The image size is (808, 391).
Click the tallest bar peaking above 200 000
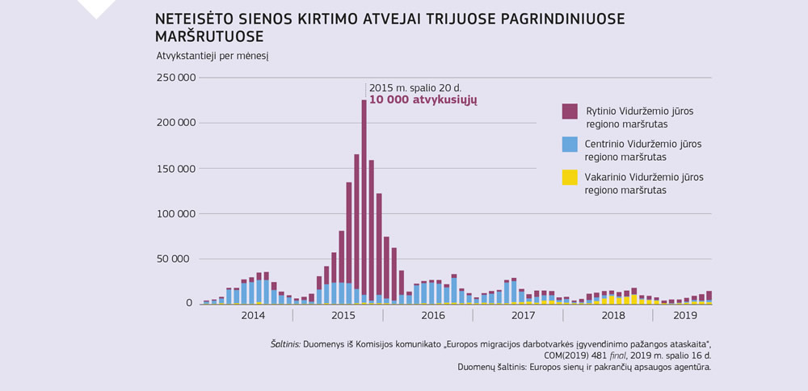tap(364, 202)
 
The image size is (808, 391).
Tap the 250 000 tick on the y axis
tap(176, 78)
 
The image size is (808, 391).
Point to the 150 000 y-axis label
tap(176, 169)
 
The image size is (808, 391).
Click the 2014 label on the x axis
tap(254, 314)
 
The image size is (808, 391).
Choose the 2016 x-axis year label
tap(433, 314)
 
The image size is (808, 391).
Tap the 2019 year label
tap(685, 314)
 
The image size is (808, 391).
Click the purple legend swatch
tap(570, 111)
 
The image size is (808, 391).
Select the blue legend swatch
tap(570, 144)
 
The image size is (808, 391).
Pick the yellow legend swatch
tap(570, 177)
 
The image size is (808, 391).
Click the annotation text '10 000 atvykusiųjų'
tap(423, 99)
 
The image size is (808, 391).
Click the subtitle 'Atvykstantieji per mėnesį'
tap(212, 56)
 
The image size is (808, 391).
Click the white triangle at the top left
tap(95, 7)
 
